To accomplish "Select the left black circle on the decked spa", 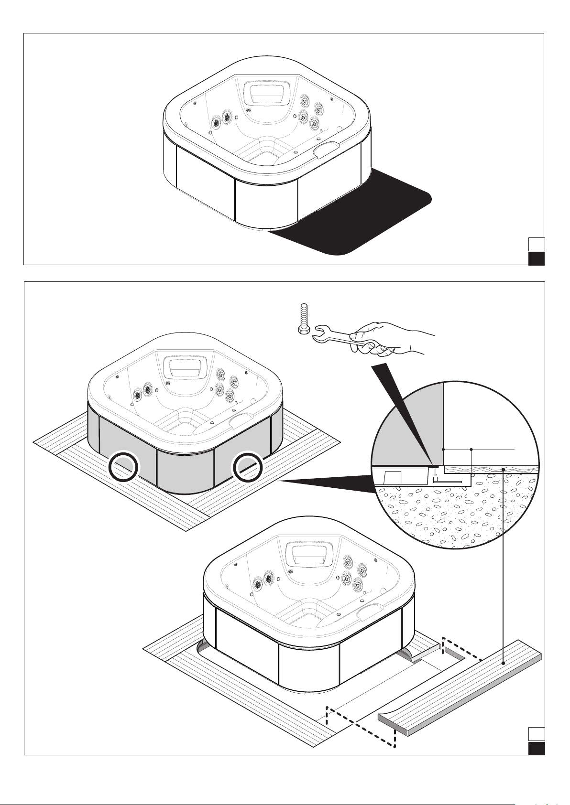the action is click(124, 467).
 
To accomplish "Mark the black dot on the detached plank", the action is click(504, 664).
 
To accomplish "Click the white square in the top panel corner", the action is click(536, 245).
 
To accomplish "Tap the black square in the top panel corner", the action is click(536, 258).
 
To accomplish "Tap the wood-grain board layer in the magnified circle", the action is click(493, 470).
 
